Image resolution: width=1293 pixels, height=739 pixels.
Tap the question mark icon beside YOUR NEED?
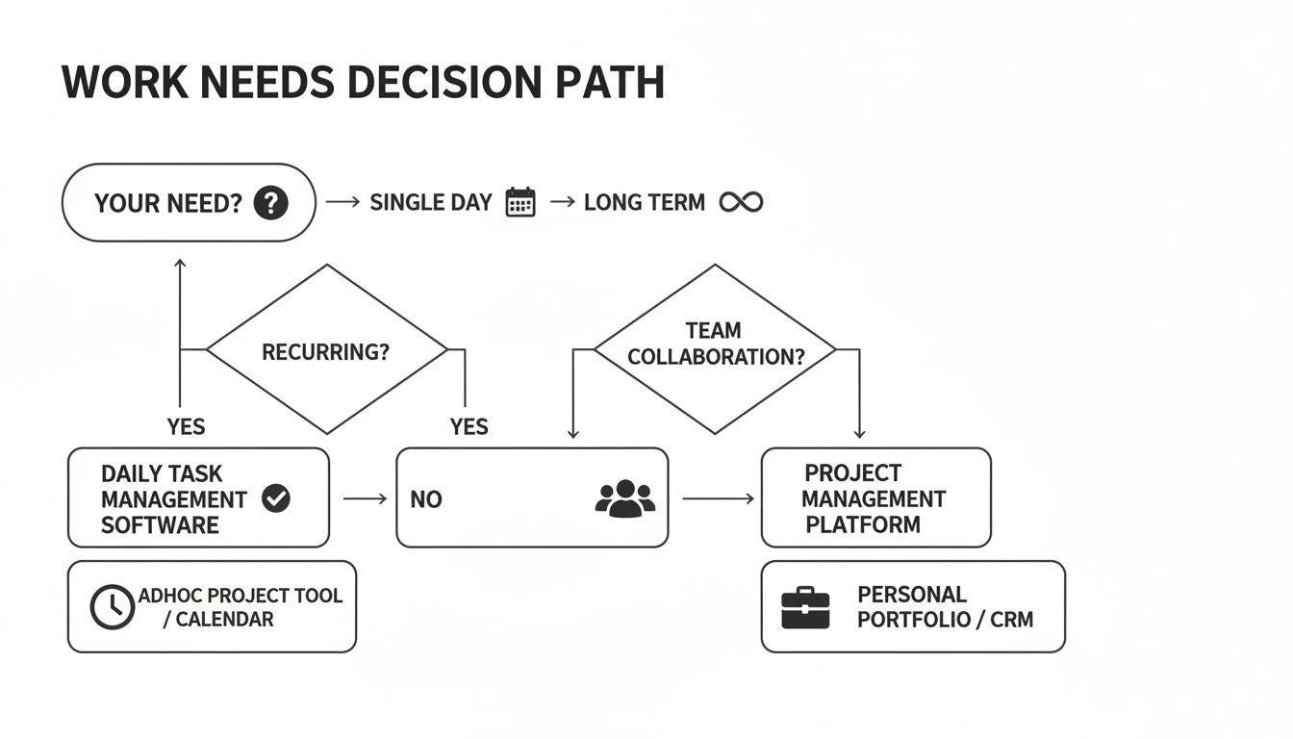click(x=271, y=203)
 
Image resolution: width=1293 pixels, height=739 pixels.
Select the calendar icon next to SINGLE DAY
click(x=520, y=202)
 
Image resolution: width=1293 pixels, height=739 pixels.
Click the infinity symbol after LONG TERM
click(x=741, y=202)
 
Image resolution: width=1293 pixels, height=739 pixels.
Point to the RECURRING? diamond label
click(x=326, y=351)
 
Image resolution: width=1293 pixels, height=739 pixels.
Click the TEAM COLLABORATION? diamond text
click(x=716, y=344)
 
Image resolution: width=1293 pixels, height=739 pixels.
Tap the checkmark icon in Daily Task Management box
click(x=276, y=497)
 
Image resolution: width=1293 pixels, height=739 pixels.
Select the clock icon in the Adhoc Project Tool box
click(x=113, y=606)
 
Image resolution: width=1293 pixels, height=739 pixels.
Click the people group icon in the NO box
click(x=625, y=498)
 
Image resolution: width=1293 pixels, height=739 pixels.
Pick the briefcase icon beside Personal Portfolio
click(x=804, y=608)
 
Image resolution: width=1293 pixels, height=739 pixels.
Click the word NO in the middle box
click(x=425, y=499)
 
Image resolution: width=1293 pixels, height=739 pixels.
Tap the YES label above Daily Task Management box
click(x=186, y=426)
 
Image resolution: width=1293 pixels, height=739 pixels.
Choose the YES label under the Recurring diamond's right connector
click(x=469, y=426)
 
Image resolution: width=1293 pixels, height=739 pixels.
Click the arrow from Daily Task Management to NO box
click(x=365, y=498)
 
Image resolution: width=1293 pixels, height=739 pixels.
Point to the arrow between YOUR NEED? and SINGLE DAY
click(x=342, y=202)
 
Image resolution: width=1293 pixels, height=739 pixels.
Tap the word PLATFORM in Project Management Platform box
click(x=863, y=524)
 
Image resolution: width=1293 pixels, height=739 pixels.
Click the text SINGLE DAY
click(x=431, y=203)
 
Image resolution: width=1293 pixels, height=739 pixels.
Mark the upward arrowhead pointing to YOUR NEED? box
click(x=180, y=262)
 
